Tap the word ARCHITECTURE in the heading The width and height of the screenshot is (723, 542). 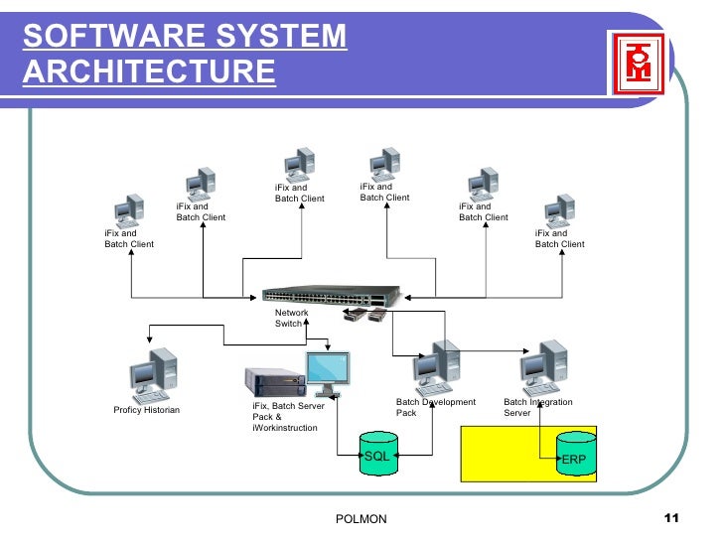pos(148,72)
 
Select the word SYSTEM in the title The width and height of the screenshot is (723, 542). pos(293,37)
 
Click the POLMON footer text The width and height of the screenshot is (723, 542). pos(361,519)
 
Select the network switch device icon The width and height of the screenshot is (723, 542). pos(331,296)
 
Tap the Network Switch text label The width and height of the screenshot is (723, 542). pos(291,318)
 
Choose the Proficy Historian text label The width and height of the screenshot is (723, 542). pos(147,410)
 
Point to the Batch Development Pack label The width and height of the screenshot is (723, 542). pos(435,407)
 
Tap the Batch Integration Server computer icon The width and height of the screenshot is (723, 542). pos(544,368)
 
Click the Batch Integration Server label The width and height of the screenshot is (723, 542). pos(537,407)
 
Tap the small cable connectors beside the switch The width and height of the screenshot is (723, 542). pos(363,316)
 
